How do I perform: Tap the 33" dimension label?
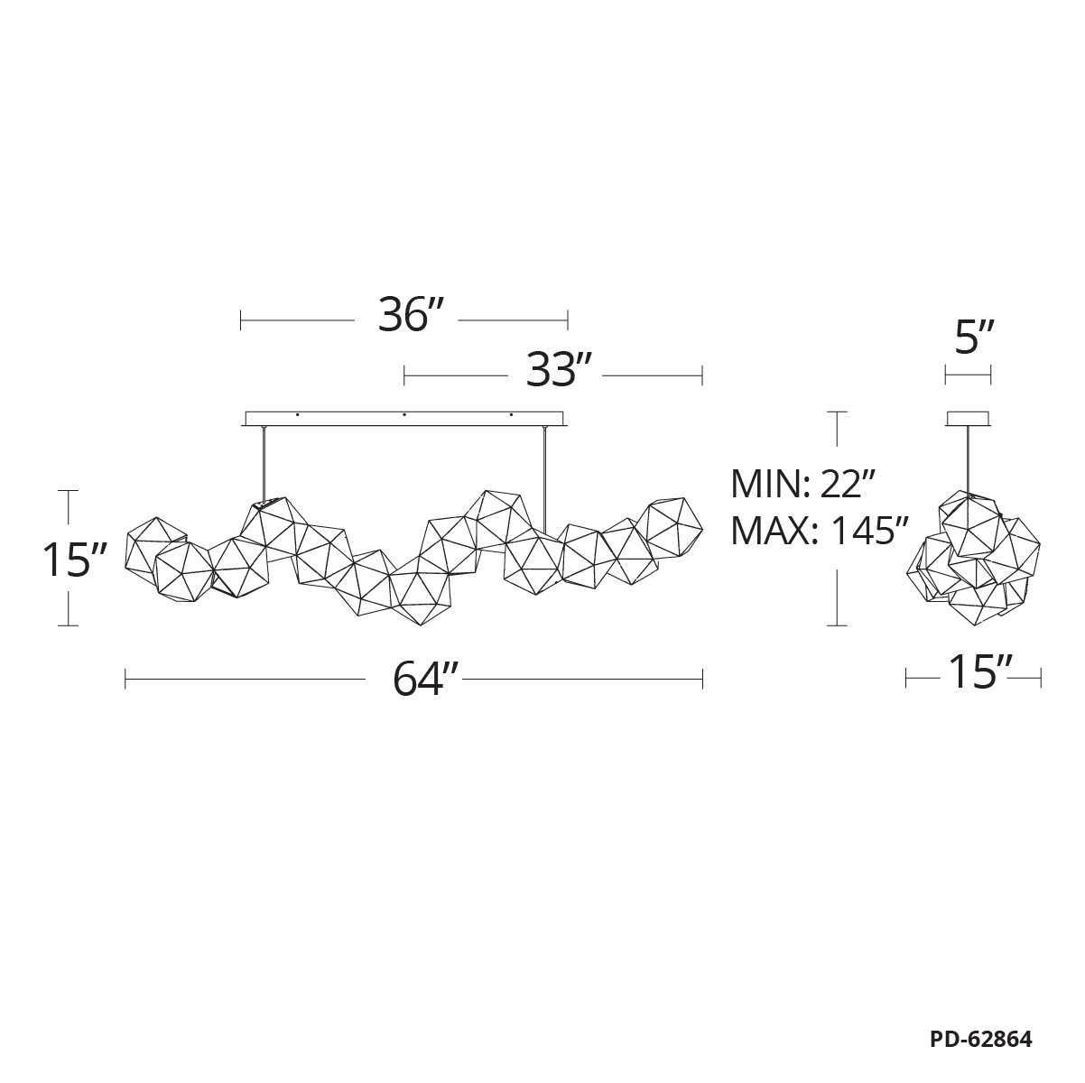[x=559, y=370]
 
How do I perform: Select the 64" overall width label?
[x=426, y=680]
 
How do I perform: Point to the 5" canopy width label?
[x=975, y=338]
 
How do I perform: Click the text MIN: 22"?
[x=802, y=484]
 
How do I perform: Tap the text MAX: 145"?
[x=820, y=531]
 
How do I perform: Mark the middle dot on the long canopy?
[x=404, y=415]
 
